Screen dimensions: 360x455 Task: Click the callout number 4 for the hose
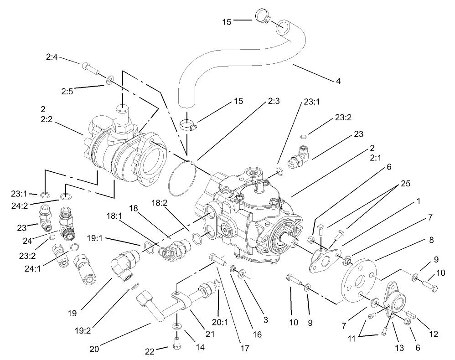coord(338,82)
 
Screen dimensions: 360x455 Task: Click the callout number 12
coord(433,334)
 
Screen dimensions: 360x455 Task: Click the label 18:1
coord(115,216)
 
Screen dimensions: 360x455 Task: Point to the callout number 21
coord(210,334)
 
